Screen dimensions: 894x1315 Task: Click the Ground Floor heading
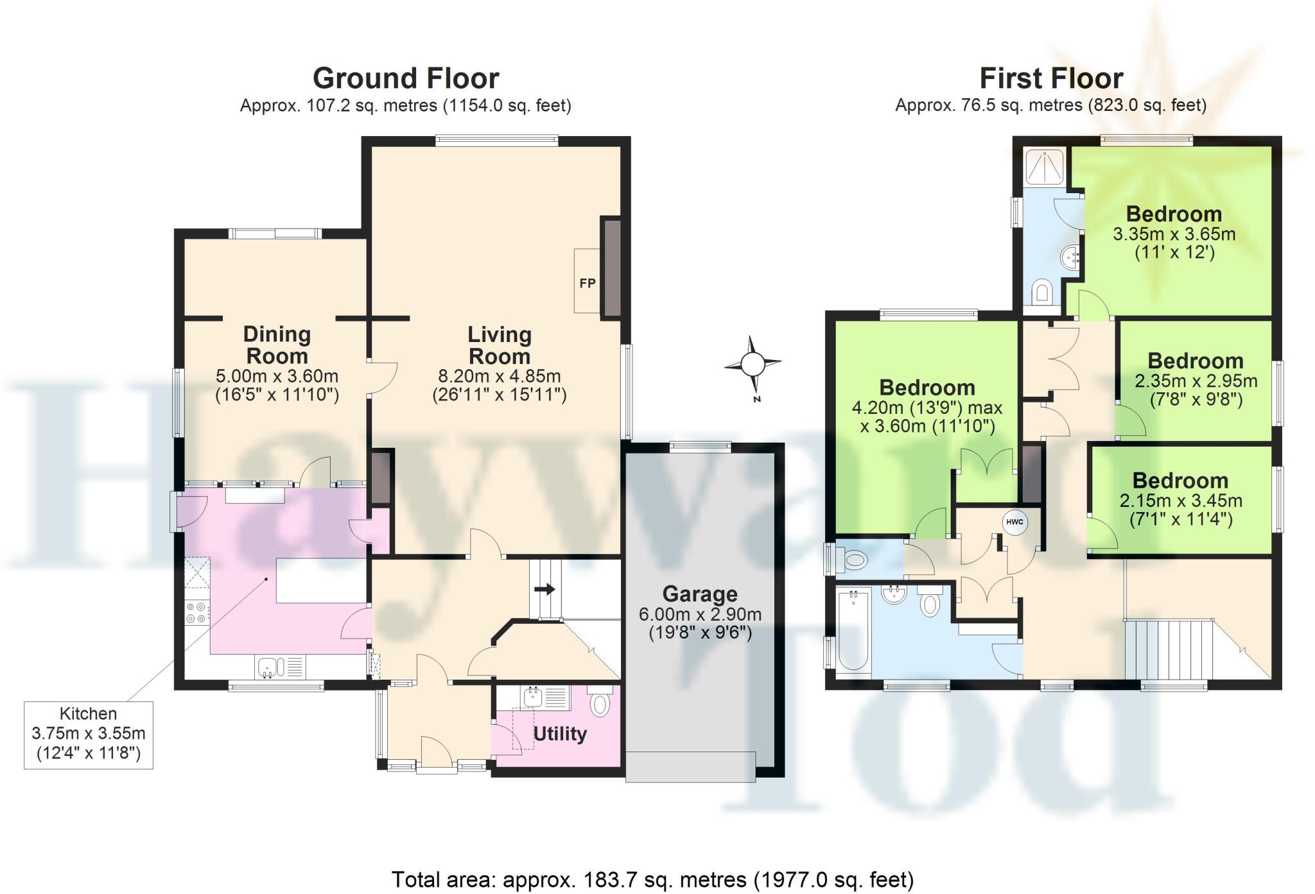405,79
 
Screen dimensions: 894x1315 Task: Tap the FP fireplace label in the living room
587,283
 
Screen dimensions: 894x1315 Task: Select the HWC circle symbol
1014,522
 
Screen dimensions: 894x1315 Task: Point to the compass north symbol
753,366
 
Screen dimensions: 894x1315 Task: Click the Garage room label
699,594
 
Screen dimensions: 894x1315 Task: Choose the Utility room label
560,734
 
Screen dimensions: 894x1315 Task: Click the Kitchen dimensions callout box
89,734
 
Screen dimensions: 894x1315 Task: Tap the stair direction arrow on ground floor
544,589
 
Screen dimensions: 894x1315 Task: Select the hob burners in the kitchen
196,612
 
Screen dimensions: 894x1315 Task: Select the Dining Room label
277,345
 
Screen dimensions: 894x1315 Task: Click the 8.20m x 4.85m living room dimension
499,376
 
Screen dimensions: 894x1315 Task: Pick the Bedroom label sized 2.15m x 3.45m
1180,480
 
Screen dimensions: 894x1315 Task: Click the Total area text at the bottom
652,879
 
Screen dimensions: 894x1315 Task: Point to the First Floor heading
1050,79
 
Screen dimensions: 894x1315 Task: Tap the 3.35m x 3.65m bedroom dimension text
1174,234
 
